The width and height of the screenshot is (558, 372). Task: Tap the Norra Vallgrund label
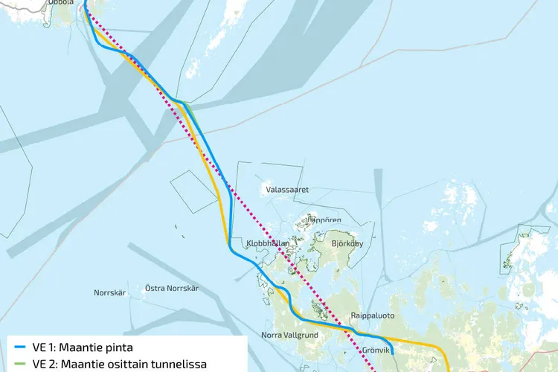(289, 334)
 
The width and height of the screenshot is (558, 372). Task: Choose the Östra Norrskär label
(172, 288)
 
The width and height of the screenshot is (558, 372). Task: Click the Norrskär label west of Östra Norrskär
(111, 292)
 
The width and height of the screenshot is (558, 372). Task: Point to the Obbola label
(60, 2)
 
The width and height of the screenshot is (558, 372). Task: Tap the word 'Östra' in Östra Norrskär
(155, 288)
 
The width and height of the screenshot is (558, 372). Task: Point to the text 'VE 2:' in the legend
(44, 365)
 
